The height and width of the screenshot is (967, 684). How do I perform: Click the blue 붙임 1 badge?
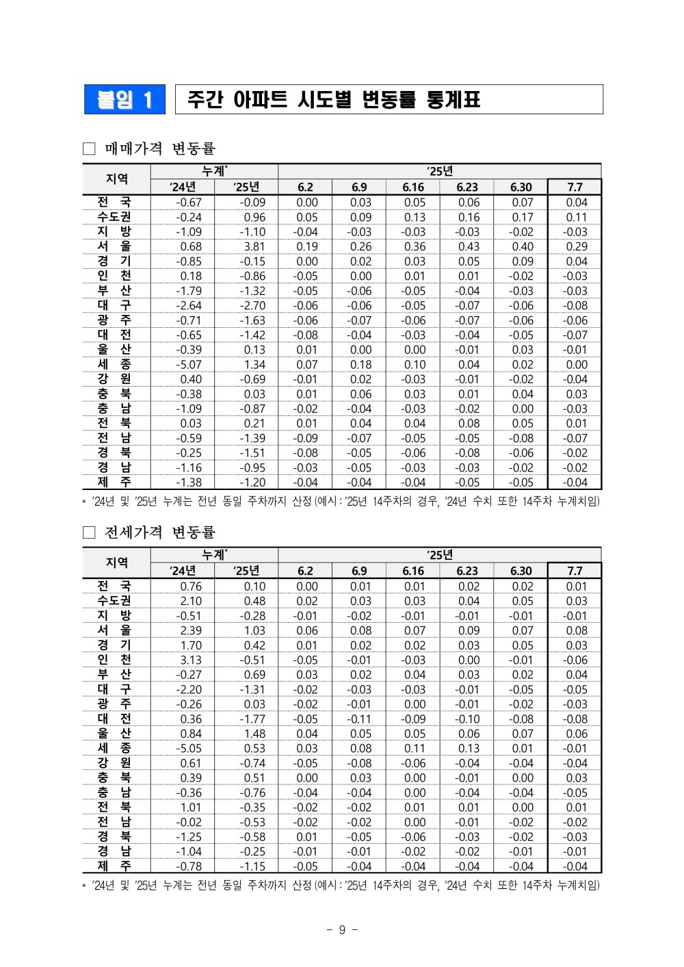(124, 100)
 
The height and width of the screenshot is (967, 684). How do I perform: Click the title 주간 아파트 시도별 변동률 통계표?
(334, 100)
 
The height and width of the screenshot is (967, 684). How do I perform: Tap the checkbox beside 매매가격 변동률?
(89, 149)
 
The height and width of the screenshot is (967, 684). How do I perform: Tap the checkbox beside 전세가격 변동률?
(89, 532)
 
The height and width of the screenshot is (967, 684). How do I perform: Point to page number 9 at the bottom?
(342, 929)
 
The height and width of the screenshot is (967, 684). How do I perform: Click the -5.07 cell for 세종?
(189, 365)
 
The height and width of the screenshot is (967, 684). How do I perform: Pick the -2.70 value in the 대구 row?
(252, 305)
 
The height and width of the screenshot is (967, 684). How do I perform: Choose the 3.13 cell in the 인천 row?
(191, 660)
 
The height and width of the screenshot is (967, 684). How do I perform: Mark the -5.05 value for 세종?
(189, 748)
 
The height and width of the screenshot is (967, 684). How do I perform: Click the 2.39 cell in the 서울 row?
(191, 630)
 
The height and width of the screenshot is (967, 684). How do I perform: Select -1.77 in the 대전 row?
(252, 719)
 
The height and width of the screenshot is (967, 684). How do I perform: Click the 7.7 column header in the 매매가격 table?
(575, 187)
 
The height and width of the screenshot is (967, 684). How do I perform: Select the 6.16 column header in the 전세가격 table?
(413, 571)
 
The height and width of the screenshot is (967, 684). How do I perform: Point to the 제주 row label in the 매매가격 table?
(114, 482)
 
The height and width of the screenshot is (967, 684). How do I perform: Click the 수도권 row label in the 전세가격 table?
(114, 600)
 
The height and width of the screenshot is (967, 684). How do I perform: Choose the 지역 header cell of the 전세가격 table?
(116, 563)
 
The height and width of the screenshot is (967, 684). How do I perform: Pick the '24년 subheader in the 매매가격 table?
(183, 187)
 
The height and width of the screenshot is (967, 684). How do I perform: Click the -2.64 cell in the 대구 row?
(189, 305)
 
